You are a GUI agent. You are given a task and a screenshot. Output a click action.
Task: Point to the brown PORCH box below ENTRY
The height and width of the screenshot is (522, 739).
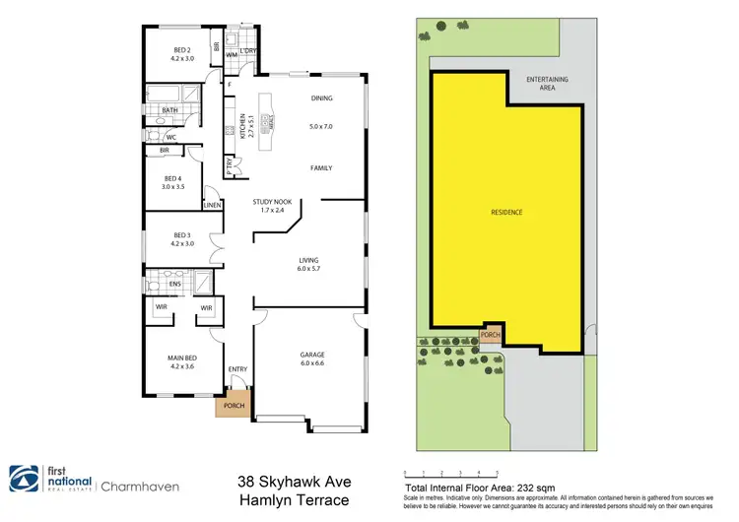[235, 405]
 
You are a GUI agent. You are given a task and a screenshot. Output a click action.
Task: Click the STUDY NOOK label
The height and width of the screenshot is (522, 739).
[269, 205]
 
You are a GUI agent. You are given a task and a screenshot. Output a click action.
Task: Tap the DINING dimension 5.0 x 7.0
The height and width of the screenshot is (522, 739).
[322, 127]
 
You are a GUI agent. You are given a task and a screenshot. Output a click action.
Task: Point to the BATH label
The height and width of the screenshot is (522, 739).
[170, 110]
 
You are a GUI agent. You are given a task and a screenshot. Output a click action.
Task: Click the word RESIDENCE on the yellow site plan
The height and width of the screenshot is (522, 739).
[505, 213]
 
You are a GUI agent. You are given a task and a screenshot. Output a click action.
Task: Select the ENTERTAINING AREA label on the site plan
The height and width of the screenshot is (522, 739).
[548, 83]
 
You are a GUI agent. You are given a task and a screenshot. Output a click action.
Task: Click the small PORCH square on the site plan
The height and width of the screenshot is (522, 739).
[490, 335]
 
